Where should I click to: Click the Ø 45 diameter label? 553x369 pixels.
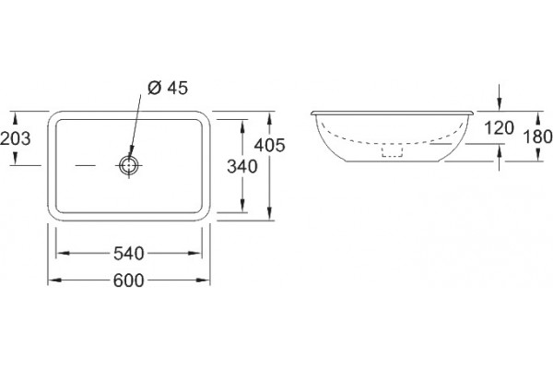click(168, 88)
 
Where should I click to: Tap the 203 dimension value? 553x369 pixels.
click(15, 138)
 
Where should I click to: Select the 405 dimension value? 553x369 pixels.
click(270, 145)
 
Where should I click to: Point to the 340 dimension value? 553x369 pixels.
click(242, 166)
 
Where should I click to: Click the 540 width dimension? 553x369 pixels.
click(129, 253)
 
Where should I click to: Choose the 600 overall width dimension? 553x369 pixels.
click(129, 280)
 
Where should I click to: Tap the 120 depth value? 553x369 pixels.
click(499, 128)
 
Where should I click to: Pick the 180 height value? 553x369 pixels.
click(537, 137)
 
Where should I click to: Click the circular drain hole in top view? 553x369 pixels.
click(129, 165)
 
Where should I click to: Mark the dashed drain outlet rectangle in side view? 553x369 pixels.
click(393, 151)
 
